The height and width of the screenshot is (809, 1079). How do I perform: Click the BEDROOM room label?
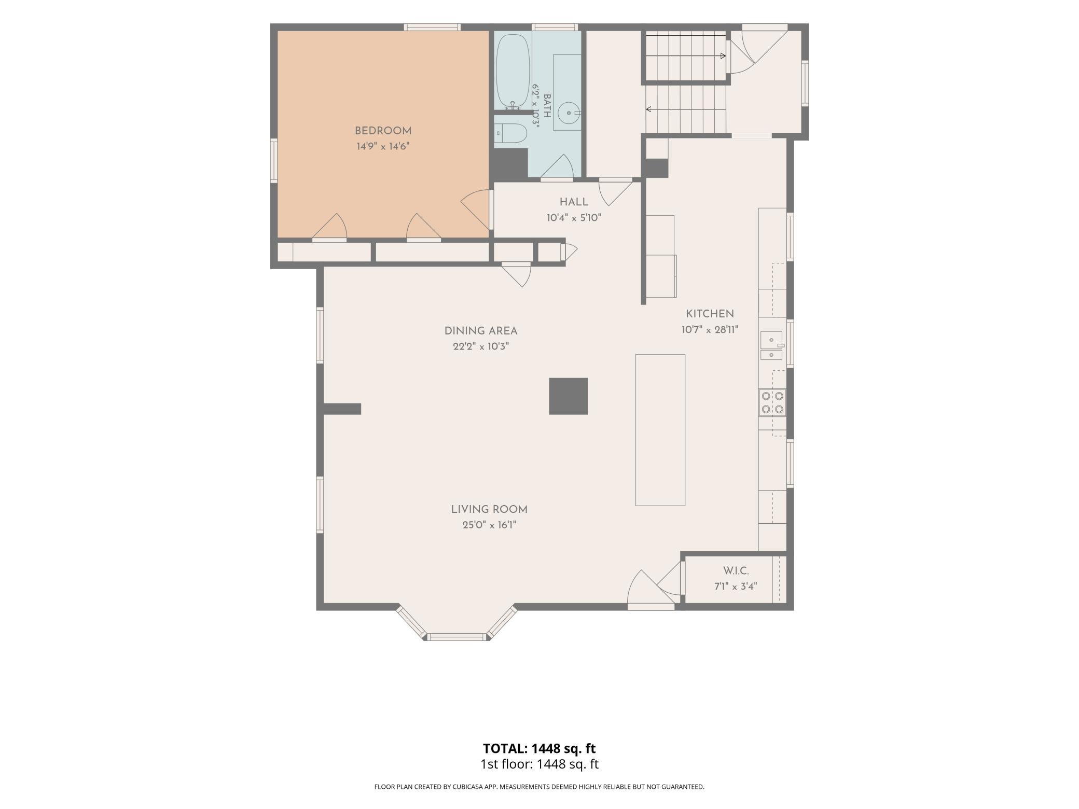[x=383, y=131]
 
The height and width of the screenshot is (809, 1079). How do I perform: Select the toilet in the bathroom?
[x=510, y=134]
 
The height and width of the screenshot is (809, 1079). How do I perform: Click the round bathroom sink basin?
[x=569, y=111]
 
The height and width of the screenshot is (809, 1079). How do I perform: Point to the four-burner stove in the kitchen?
[x=772, y=402]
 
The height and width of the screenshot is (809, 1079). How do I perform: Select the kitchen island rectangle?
[x=660, y=430]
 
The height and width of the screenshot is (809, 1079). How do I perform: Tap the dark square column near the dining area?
[x=569, y=396]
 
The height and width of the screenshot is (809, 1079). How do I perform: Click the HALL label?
[x=574, y=202]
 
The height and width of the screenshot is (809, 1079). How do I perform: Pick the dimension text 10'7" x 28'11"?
[x=710, y=330]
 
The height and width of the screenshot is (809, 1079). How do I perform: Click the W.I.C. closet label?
[x=736, y=571]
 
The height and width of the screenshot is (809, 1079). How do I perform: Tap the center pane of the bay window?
[x=457, y=637]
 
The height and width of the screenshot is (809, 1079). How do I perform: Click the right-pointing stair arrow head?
[x=723, y=56]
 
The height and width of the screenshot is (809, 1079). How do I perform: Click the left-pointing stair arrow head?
[x=648, y=109]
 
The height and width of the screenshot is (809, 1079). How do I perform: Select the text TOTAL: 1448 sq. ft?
[x=539, y=748]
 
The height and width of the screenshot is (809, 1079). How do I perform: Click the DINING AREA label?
[x=481, y=331]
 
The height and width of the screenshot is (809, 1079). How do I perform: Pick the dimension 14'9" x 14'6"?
[x=383, y=147]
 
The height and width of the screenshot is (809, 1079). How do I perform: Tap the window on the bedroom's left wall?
[x=274, y=161]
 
